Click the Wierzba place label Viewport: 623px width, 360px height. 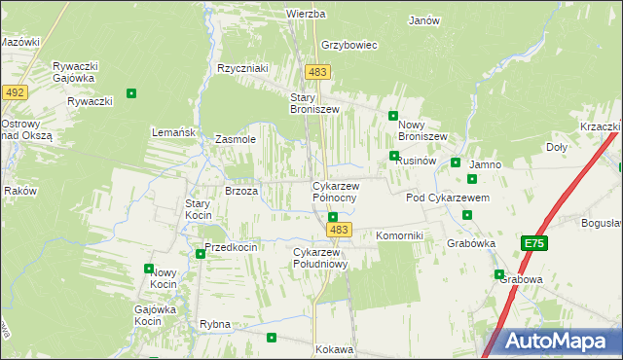(305, 15)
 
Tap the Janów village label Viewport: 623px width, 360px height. (424, 20)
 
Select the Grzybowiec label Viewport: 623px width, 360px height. (348, 45)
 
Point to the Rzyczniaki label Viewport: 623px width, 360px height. (242, 69)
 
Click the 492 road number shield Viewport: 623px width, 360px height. (14, 92)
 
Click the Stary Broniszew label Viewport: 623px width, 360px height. (314, 103)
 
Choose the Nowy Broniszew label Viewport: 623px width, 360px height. (421, 130)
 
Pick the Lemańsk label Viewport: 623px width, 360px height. (174, 131)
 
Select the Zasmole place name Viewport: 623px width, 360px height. (235, 139)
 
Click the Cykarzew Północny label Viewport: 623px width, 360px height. (335, 192)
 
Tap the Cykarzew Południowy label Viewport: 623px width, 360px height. (320, 258)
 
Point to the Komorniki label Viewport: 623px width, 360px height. (398, 236)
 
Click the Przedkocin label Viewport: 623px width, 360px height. (231, 247)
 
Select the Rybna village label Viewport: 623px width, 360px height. (214, 324)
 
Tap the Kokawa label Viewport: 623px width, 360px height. (334, 349)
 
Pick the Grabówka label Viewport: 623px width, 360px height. (471, 243)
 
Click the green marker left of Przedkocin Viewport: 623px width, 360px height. (201, 254)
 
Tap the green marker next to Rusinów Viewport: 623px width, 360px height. (393, 156)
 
